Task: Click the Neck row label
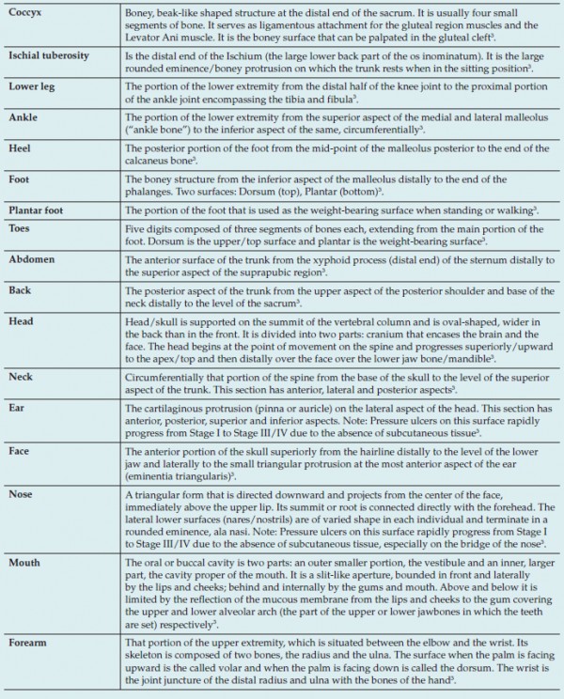click(x=21, y=372)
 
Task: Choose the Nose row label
click(x=21, y=493)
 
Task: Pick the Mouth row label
click(x=24, y=563)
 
